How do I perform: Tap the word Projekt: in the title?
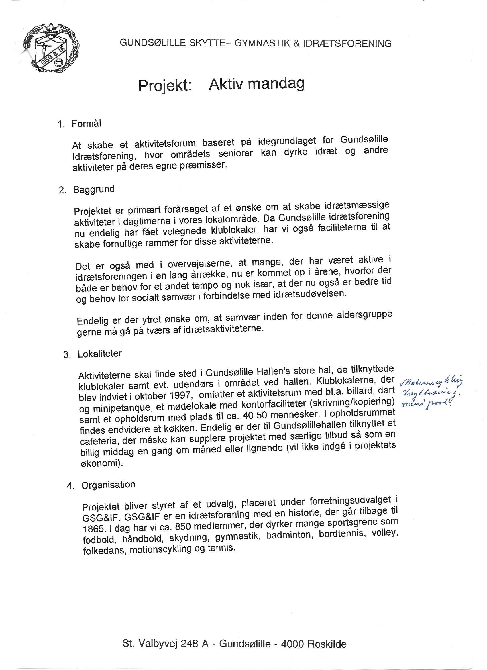tap(165, 86)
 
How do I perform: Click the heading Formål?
tap(86, 124)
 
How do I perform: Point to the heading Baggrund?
tap(94, 189)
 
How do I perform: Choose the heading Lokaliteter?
tap(99, 354)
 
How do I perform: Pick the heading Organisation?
tap(108, 485)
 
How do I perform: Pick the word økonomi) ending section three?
tap(102, 463)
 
